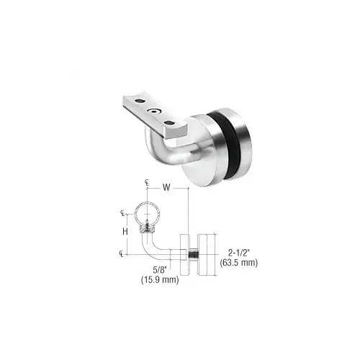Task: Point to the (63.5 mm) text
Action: tap(238, 263)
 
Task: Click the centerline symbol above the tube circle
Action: tap(146, 184)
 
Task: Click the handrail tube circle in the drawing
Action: tap(146, 213)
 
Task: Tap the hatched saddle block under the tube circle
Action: tap(146, 229)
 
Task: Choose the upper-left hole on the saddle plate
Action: tap(138, 100)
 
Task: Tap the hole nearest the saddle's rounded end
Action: tap(173, 124)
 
